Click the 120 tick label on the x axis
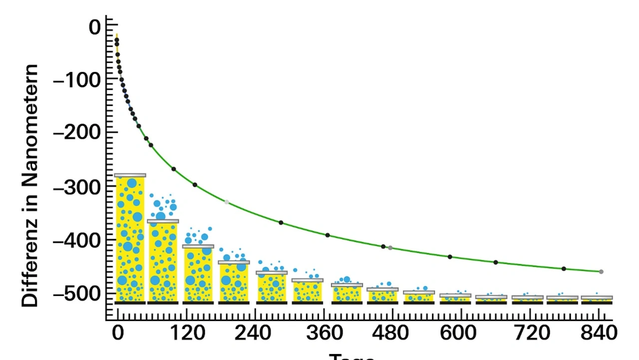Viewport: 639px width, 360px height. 186,333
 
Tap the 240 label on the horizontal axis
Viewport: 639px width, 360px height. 255,333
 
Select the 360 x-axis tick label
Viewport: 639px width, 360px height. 324,333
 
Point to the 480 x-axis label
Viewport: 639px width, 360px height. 393,333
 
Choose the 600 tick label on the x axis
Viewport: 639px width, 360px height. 462,333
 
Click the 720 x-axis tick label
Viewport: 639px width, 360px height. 530,333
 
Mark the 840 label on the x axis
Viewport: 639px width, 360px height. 599,333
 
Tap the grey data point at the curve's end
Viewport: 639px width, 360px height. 601,272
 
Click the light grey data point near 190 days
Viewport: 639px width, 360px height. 227,202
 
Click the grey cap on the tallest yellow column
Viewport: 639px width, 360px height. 130,175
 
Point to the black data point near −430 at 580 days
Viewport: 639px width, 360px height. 450,257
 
